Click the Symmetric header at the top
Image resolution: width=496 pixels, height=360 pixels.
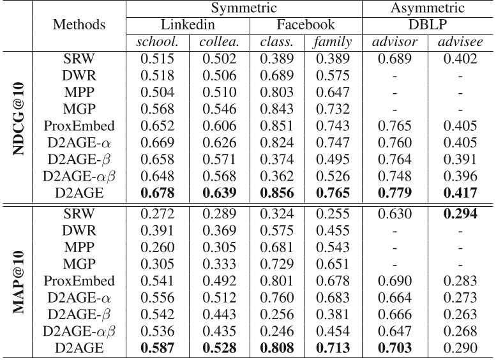[244, 9]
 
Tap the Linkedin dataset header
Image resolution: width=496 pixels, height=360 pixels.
[188, 26]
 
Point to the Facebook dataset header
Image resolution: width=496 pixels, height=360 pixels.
[305, 26]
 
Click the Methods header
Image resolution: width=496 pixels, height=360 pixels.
[80, 26]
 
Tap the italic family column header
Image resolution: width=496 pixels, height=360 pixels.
[333, 42]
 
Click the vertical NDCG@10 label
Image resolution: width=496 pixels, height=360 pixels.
[17, 119]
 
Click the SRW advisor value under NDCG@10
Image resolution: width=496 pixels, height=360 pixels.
[397, 59]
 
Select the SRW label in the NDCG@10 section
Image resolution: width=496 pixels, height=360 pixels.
[80, 59]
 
